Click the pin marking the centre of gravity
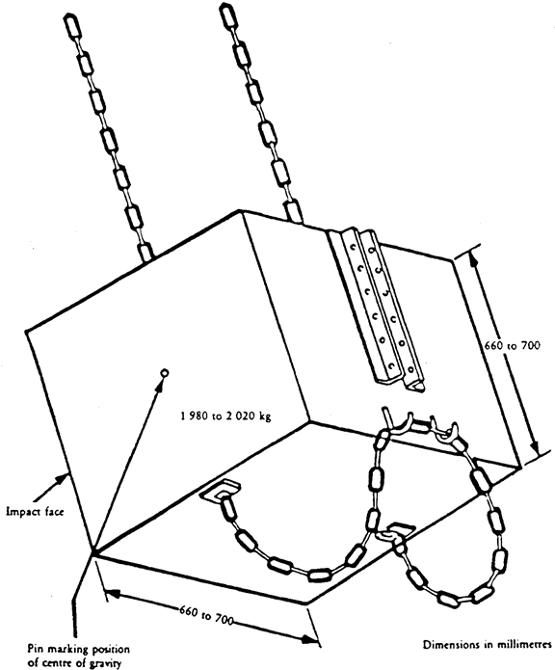tap(164, 373)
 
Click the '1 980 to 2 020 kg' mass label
tap(225, 416)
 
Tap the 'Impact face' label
tap(35, 511)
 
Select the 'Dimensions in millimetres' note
tap(488, 644)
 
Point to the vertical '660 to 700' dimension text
tap(513, 346)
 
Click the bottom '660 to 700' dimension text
tap(206, 615)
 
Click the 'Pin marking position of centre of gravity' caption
tap(79, 656)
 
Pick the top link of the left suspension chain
tap(71, 26)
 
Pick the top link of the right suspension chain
tap(228, 15)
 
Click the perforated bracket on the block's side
tap(376, 308)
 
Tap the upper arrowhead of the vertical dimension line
tap(472, 258)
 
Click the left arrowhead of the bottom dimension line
tap(112, 594)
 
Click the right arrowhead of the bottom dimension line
tap(308, 639)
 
